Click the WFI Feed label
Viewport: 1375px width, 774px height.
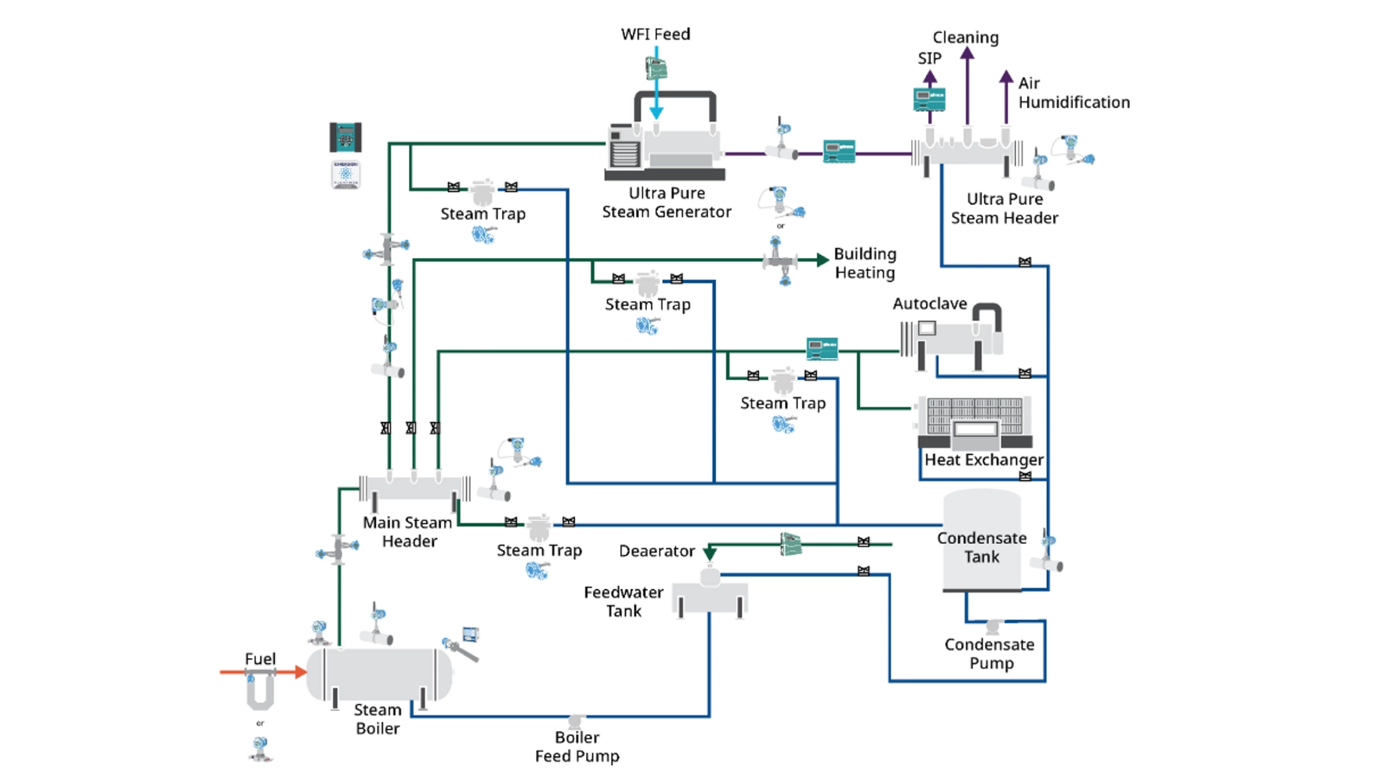[655, 34]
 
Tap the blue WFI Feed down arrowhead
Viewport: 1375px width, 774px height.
[656, 113]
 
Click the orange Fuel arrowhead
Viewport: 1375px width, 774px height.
[301, 672]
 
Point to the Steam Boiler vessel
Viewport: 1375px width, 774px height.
[380, 674]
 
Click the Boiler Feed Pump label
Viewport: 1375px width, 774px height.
[577, 747]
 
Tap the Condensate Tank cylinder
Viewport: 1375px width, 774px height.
[981, 541]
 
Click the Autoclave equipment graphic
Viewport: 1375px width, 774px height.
[952, 337]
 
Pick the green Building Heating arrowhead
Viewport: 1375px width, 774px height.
[823, 260]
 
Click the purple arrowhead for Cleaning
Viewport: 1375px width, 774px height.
[968, 55]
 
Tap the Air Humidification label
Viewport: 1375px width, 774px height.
[1074, 93]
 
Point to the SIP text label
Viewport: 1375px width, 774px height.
[930, 59]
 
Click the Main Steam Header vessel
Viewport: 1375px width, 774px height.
[414, 488]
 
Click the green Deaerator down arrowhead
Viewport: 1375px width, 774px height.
[710, 554]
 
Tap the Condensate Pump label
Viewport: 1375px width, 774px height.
[990, 654]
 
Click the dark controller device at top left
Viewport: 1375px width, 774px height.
[345, 137]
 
